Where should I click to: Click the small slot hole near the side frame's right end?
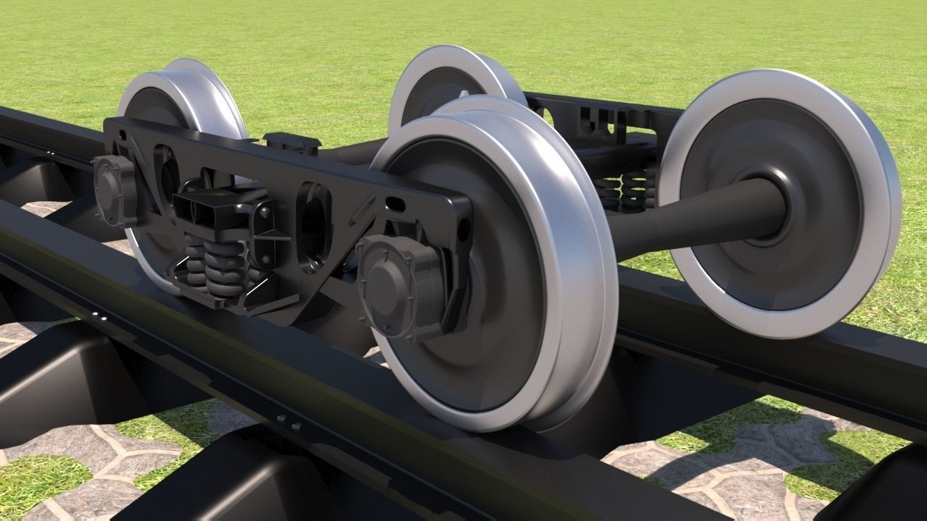click(x=397, y=204)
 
